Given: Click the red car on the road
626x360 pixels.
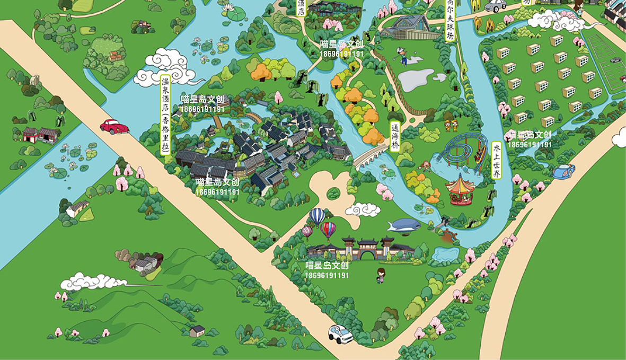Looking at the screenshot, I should [x=114, y=127].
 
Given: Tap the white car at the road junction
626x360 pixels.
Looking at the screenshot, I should [x=340, y=333].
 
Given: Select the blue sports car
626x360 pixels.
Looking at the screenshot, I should [x=563, y=171].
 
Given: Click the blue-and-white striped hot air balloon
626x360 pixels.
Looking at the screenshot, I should [x=317, y=216].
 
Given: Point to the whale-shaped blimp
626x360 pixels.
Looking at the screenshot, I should [x=403, y=225].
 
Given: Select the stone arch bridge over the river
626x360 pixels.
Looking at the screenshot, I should [x=371, y=157].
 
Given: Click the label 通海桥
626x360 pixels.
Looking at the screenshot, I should [x=395, y=137].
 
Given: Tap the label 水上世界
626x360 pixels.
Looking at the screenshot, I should [x=496, y=161].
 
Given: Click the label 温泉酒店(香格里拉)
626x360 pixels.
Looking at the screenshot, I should [x=165, y=115].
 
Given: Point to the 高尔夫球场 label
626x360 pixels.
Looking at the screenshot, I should [x=450, y=20].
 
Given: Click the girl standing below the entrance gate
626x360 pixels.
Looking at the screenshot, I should [x=380, y=275].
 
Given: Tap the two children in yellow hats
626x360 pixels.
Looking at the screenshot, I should [x=451, y=125].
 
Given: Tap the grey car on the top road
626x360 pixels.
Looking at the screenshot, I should [x=495, y=5].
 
